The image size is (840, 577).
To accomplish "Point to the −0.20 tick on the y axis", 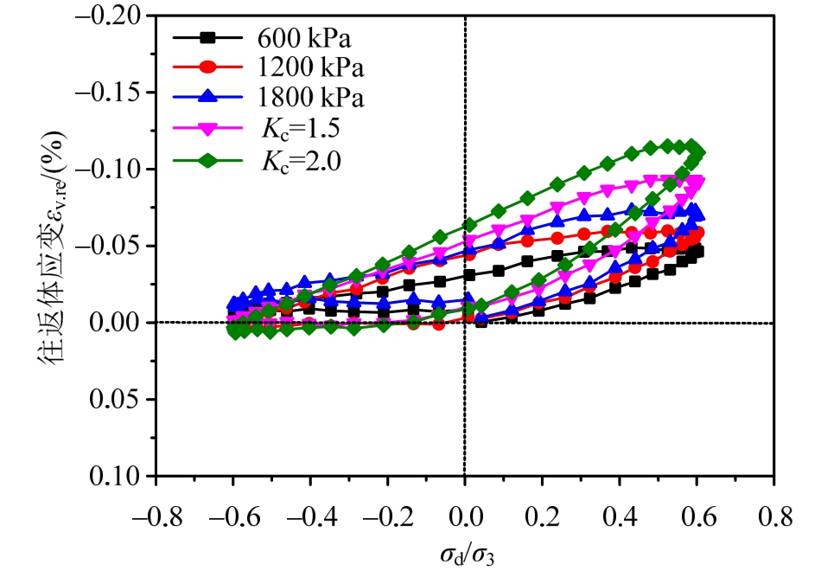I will pyautogui.click(x=118, y=16).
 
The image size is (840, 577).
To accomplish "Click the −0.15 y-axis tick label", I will pyautogui.click(x=118, y=93).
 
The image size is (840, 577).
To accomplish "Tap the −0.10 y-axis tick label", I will pyautogui.click(x=118, y=169).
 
